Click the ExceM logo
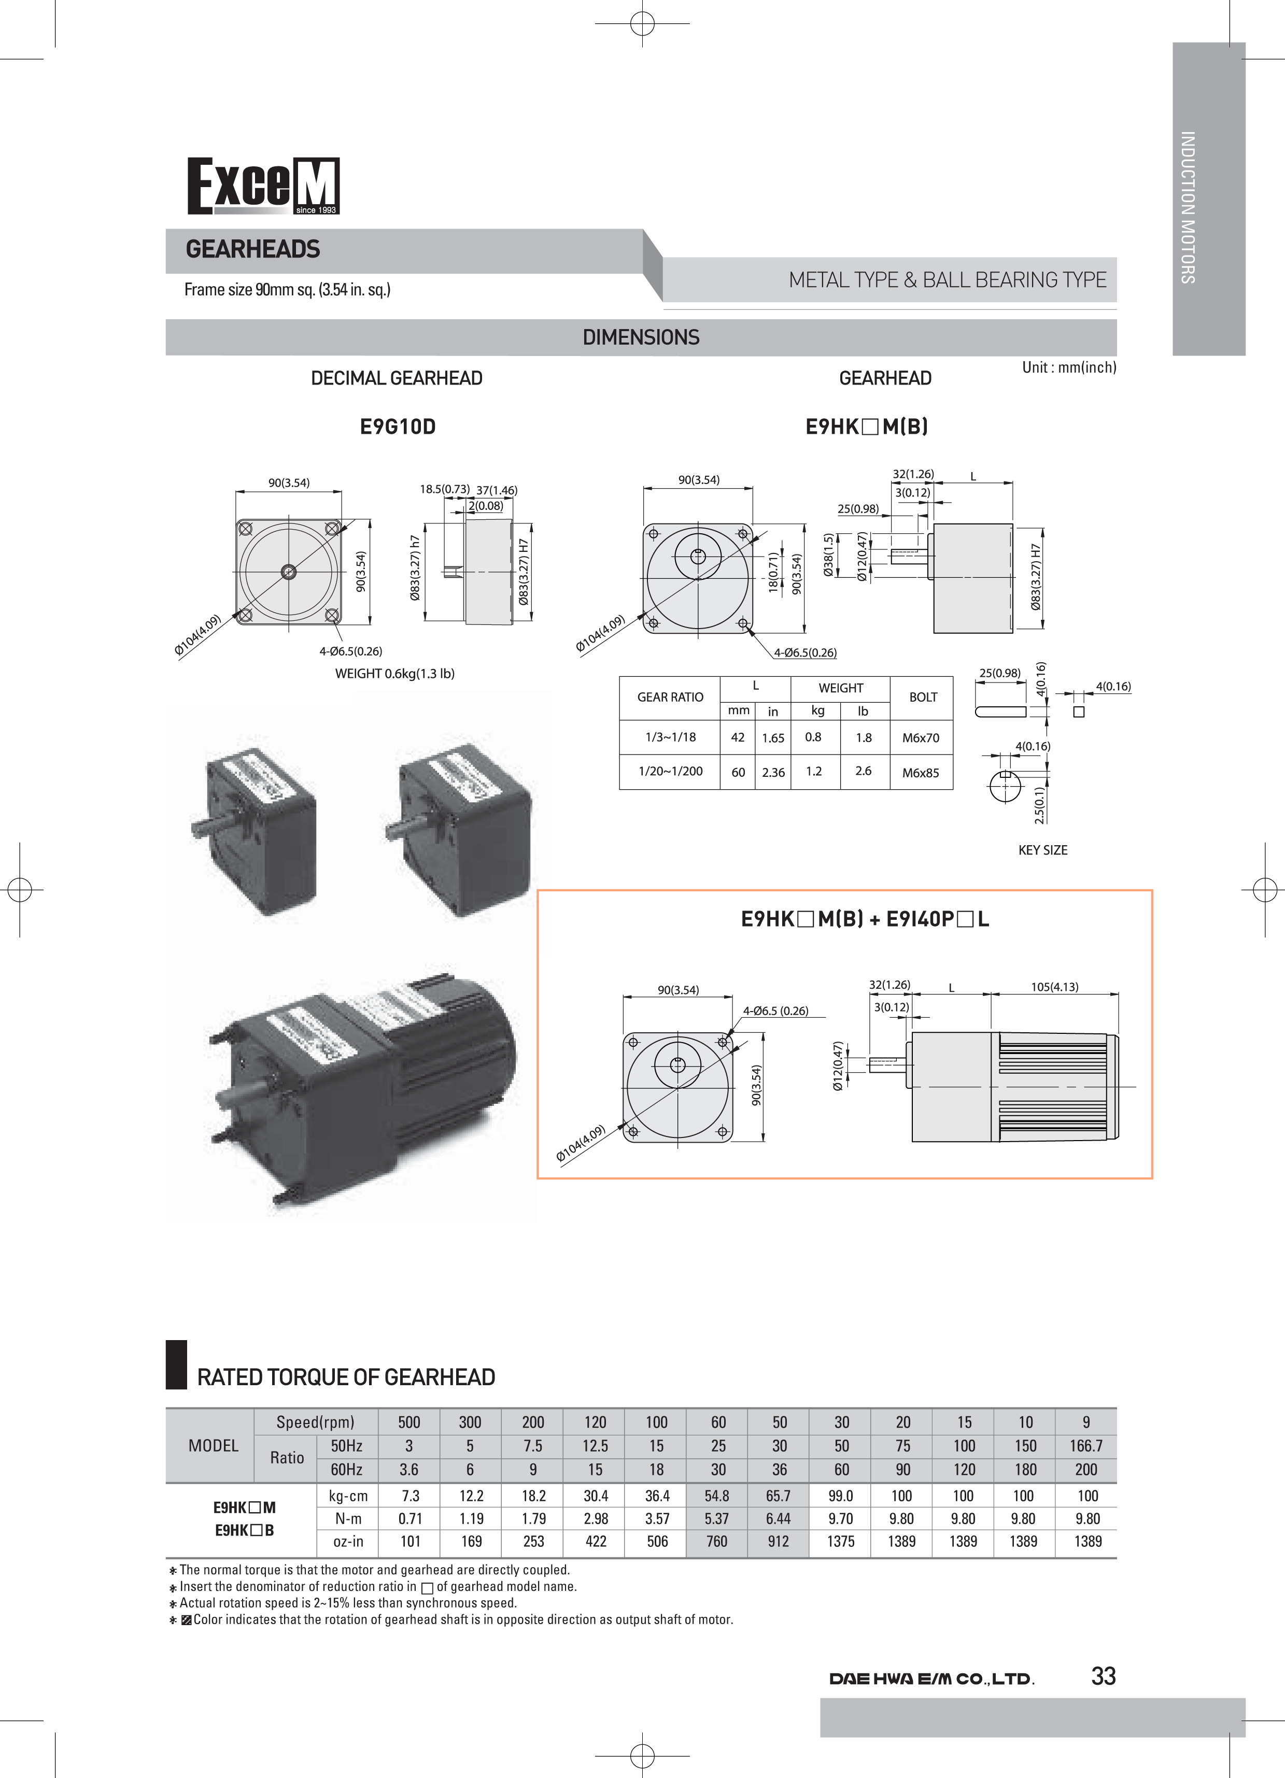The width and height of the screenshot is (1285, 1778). point(263,187)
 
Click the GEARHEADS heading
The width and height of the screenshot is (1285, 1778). point(252,249)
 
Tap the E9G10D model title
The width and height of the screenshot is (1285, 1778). point(398,427)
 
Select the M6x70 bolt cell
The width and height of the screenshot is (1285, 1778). point(921,738)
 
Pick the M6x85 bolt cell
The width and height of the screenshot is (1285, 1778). point(921,772)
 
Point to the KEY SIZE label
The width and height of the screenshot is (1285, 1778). point(1043,850)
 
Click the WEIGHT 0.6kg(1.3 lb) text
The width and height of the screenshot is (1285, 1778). point(394,673)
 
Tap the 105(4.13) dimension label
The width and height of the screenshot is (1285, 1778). point(1054,986)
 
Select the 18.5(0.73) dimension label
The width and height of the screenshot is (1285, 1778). point(444,489)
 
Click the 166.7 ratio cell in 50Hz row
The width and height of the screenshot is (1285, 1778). point(1086,1446)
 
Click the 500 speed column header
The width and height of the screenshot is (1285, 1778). point(409,1422)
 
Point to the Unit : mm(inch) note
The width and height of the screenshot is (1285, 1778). point(1069,367)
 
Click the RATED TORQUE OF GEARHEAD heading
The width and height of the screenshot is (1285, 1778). point(346,1377)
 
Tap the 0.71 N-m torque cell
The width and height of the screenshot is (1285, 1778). point(410,1518)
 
